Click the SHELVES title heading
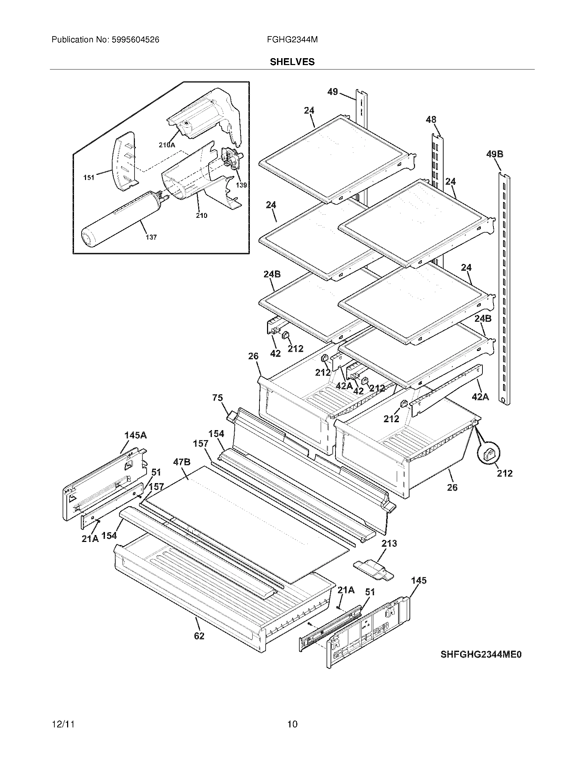pos(292,62)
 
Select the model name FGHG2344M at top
pos(292,40)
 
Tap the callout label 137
pos(151,237)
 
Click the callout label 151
pos(89,178)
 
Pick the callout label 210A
pos(167,146)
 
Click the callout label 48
pos(431,120)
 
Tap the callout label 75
pos(217,397)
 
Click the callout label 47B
pos(182,462)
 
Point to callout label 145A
pos(136,435)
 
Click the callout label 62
pos(199,636)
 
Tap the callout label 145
pos(419,580)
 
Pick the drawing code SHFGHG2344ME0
pos(481,654)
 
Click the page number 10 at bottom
pos(292,724)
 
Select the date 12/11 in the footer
pos(63,724)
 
